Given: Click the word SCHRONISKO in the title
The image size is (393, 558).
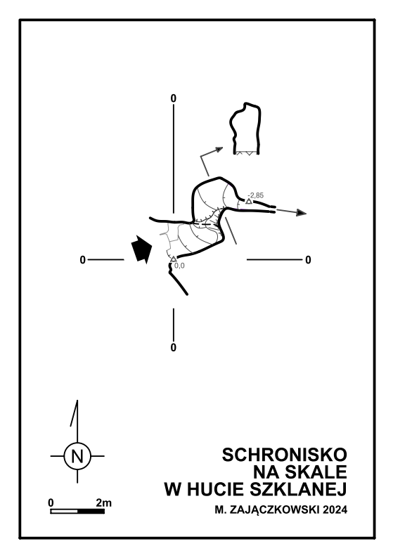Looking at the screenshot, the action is [285, 455].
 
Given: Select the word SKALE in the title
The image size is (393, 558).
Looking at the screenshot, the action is [316, 472].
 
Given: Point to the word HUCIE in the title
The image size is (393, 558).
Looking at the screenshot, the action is [215, 489].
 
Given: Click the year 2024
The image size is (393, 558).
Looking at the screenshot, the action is [335, 510].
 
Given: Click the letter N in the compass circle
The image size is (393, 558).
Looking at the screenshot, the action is [77, 456].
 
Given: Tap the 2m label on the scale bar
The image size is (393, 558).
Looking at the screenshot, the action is [103, 503].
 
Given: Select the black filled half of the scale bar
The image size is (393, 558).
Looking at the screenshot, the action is [91, 512].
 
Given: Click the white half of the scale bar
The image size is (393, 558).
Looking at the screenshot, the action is [64, 512].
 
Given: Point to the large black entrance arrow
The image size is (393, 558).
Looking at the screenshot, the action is [141, 249].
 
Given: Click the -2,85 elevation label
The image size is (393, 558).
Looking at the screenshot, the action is [256, 195].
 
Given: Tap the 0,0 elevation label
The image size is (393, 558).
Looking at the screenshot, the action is [179, 266].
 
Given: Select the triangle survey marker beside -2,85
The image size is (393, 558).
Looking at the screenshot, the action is [249, 202].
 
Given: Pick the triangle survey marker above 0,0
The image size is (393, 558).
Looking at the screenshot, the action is [174, 259].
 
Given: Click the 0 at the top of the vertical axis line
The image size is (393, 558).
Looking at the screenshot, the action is [174, 98].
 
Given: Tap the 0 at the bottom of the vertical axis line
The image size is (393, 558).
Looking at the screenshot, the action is [174, 347].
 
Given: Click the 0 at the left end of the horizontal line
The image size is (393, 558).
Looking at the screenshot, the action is [82, 260].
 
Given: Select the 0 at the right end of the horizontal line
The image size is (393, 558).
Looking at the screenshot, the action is [308, 260].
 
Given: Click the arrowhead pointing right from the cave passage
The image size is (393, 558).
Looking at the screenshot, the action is [302, 213].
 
